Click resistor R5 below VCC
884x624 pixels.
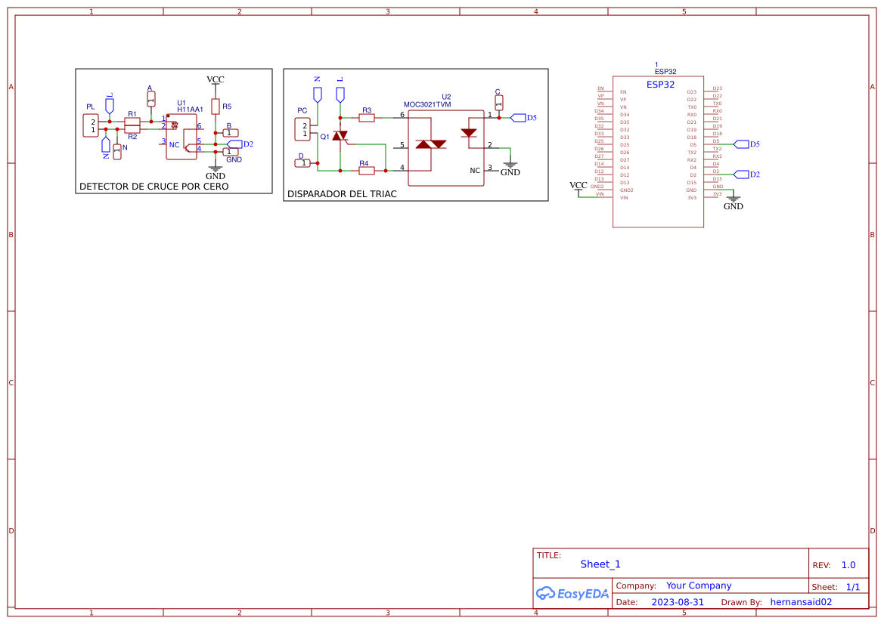click(x=216, y=107)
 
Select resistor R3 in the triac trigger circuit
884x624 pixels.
click(x=367, y=118)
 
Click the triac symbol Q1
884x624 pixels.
click(x=340, y=137)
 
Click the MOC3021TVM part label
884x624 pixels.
click(x=426, y=105)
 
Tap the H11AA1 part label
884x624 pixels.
click(x=190, y=110)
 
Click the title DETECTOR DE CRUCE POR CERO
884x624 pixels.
click(x=154, y=186)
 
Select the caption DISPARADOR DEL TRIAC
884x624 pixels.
click(x=342, y=194)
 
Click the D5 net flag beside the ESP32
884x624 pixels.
click(x=741, y=144)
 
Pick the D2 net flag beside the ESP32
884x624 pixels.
click(x=741, y=175)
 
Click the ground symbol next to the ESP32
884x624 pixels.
click(x=733, y=199)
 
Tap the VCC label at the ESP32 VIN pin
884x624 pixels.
click(x=578, y=185)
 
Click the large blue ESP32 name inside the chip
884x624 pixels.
click(x=660, y=85)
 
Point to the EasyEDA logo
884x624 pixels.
click(x=572, y=593)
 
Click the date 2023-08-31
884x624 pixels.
click(x=678, y=602)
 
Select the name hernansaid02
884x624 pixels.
click(x=801, y=602)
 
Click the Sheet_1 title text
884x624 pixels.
click(x=600, y=564)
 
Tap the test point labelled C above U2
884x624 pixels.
click(x=498, y=103)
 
